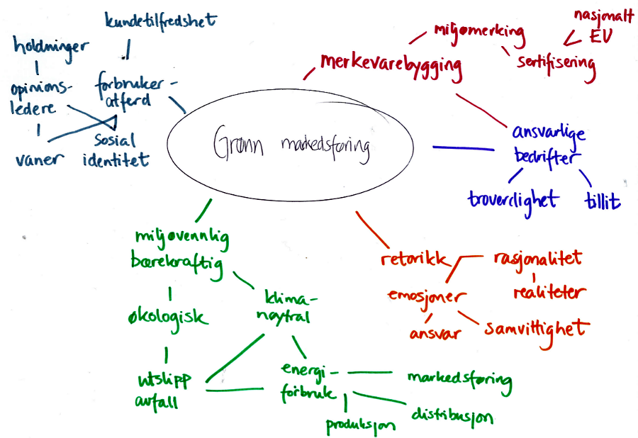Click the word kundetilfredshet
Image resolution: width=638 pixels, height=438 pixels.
[x=160, y=22]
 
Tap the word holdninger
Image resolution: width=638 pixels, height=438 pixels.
[x=51, y=47]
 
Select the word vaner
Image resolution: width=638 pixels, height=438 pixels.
[x=39, y=158]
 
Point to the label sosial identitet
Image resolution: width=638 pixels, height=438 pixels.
[x=116, y=150]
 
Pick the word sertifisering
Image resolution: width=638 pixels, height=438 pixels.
[x=556, y=62]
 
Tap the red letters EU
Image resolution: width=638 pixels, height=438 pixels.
[x=598, y=36]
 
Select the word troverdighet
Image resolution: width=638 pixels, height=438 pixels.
[x=513, y=199]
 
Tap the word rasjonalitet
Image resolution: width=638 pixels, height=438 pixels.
[x=537, y=257]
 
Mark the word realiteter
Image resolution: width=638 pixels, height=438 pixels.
[x=550, y=291]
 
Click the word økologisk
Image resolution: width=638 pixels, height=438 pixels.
[x=168, y=316]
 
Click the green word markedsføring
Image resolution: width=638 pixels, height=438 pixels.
[x=459, y=378]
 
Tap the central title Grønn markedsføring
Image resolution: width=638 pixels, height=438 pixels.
[x=291, y=146]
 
